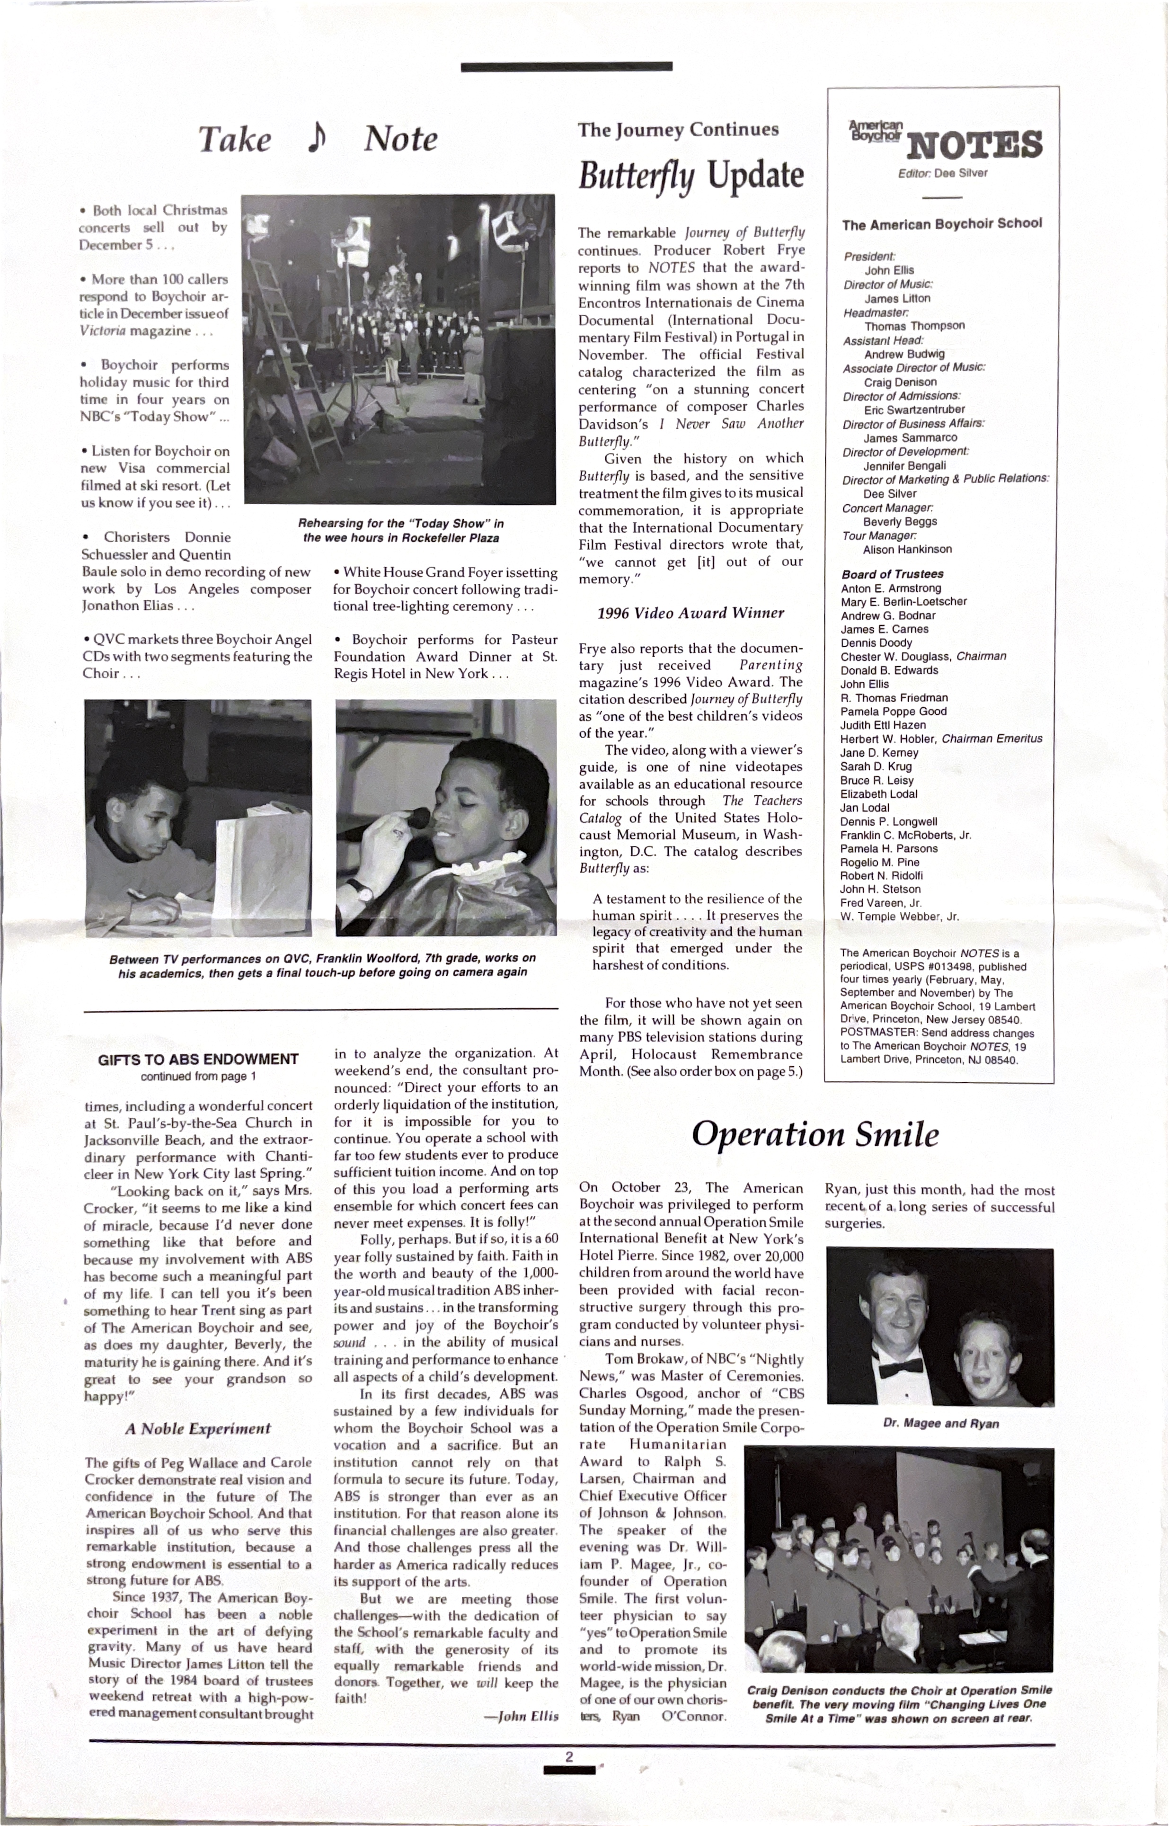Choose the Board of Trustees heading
[x=892, y=574]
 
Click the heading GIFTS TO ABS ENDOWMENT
[x=198, y=1059]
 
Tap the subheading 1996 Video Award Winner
[x=690, y=613]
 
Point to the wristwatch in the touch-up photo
[x=361, y=891]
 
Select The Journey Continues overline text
[x=678, y=130]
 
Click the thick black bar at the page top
[x=567, y=67]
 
